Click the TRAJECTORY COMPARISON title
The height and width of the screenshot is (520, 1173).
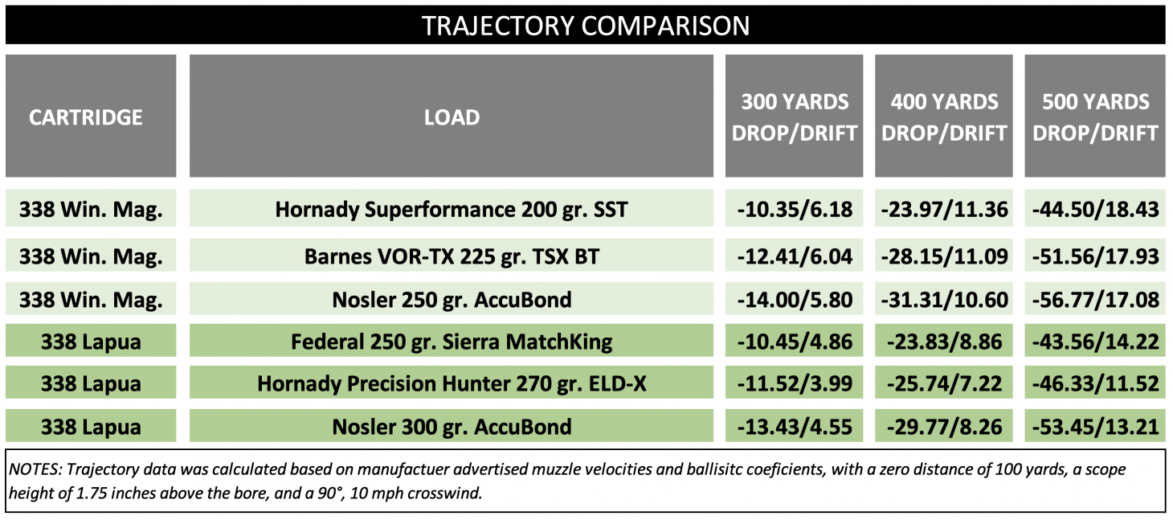coord(586,25)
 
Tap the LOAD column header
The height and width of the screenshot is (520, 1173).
coord(452,117)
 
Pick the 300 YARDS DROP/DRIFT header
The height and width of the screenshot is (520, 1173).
coord(794,117)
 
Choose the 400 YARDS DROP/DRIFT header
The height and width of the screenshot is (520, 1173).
coord(944,117)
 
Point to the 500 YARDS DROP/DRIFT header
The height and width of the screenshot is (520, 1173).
coord(1095,117)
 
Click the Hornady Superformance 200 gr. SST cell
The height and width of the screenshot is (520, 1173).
coord(452,210)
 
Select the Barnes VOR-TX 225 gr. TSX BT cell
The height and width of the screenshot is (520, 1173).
coord(452,256)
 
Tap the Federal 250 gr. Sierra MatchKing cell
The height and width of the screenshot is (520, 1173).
coord(452,342)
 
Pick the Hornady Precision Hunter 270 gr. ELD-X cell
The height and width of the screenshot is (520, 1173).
coord(452,383)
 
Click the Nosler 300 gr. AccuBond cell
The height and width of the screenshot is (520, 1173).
coord(452,426)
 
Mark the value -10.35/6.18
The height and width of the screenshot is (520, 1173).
coord(794,210)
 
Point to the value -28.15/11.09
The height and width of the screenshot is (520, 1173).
coord(944,256)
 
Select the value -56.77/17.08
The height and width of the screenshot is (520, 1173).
coord(1095,300)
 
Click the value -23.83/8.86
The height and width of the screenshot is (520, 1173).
coord(944,342)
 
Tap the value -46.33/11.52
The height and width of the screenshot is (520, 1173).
coord(1095,383)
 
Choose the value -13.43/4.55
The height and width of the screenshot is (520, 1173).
coord(794,426)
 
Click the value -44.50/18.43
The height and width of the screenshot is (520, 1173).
coord(1095,210)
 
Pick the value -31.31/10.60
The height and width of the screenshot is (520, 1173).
coord(944,300)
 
